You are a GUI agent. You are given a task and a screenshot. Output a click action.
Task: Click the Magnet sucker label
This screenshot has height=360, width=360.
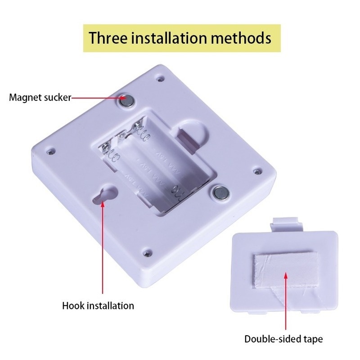coord(40,97)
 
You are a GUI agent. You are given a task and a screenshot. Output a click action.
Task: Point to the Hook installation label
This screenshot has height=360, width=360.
coord(98,306)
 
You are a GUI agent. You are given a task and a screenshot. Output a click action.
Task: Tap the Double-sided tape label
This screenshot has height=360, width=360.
coord(283,339)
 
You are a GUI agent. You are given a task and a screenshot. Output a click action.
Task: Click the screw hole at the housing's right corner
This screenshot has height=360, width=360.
coord(257,171)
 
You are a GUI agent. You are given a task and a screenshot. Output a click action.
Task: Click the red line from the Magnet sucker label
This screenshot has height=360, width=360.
coord(97,97)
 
